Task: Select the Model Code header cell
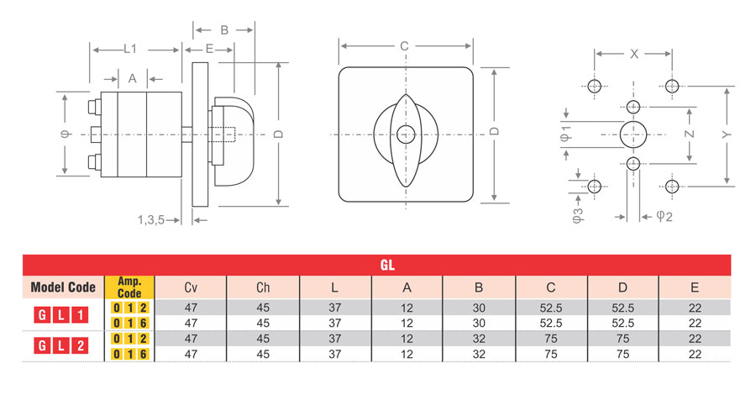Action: (x=63, y=287)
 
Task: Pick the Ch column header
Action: (x=263, y=287)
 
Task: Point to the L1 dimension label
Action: (x=130, y=50)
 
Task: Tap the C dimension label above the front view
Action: (x=404, y=45)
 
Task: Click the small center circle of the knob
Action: (x=406, y=133)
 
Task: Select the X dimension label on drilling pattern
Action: (x=634, y=53)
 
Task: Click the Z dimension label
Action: (x=689, y=134)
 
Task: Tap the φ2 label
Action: (x=664, y=216)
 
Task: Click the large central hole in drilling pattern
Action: (x=633, y=133)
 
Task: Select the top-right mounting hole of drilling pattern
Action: (x=671, y=85)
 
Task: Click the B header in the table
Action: (x=479, y=287)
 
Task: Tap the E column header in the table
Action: (x=694, y=287)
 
